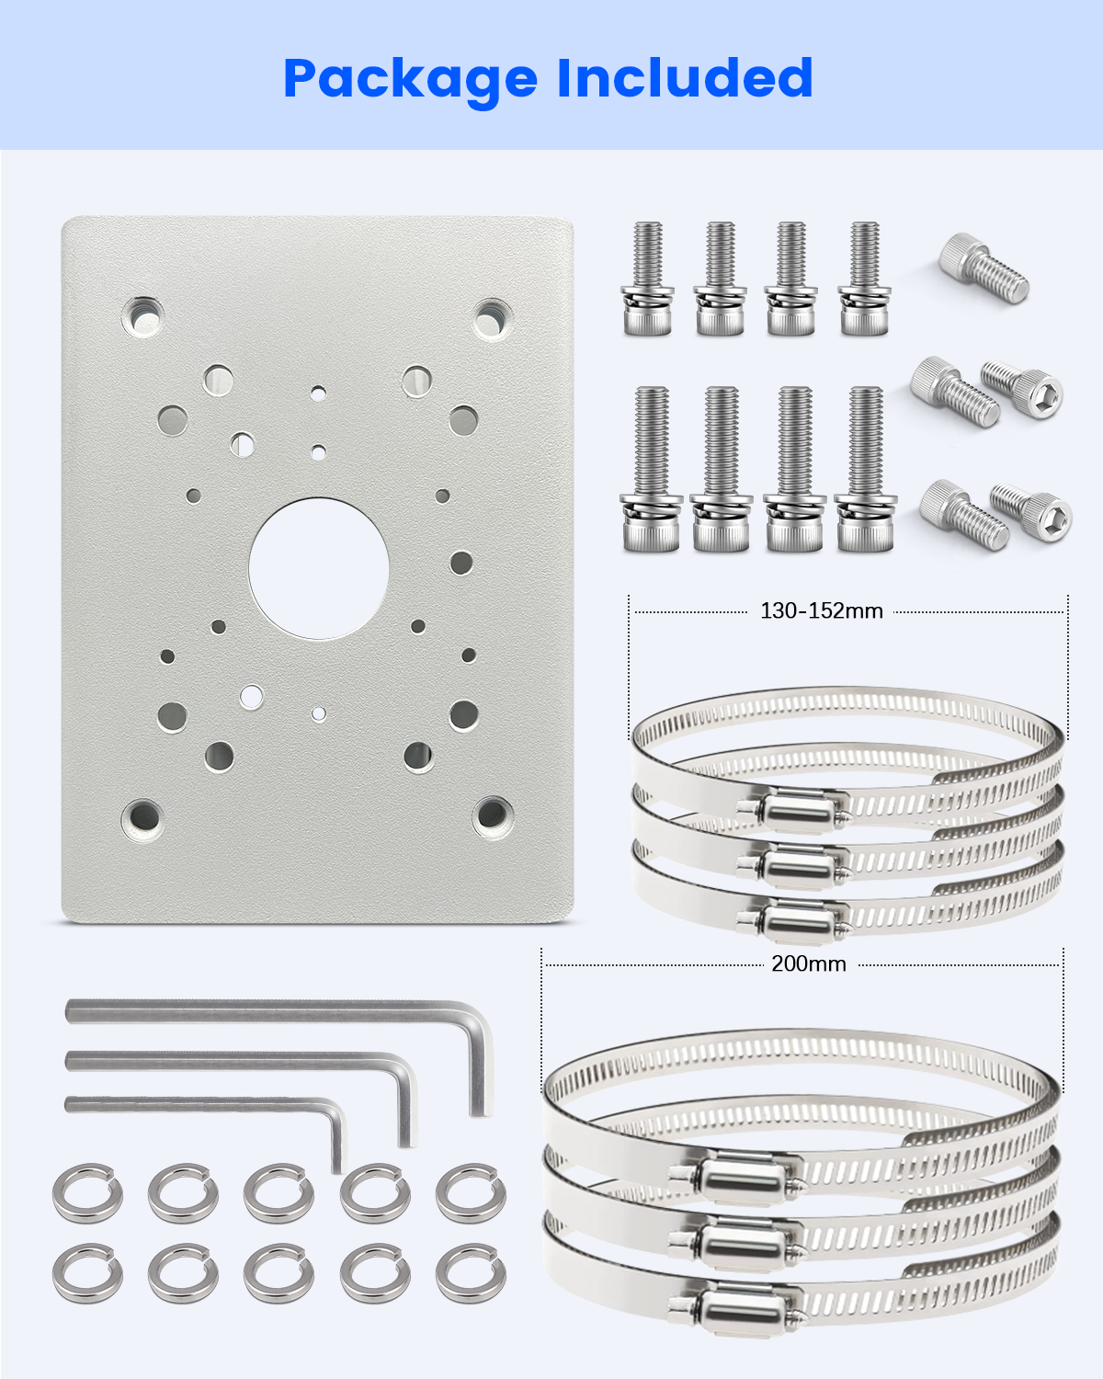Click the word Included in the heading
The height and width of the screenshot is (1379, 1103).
(685, 77)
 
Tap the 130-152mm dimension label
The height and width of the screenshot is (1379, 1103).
(821, 610)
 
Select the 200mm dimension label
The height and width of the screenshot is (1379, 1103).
(808, 963)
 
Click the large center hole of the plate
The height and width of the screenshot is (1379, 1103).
(319, 568)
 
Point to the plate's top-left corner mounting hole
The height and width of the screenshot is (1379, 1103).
(142, 316)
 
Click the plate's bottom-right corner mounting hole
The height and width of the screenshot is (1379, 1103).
(493, 815)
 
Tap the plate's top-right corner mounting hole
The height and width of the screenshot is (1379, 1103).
(493, 319)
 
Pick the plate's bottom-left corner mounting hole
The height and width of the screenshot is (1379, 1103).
(142, 818)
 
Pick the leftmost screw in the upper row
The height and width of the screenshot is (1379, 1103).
(647, 279)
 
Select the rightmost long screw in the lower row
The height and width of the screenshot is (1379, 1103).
(865, 469)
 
